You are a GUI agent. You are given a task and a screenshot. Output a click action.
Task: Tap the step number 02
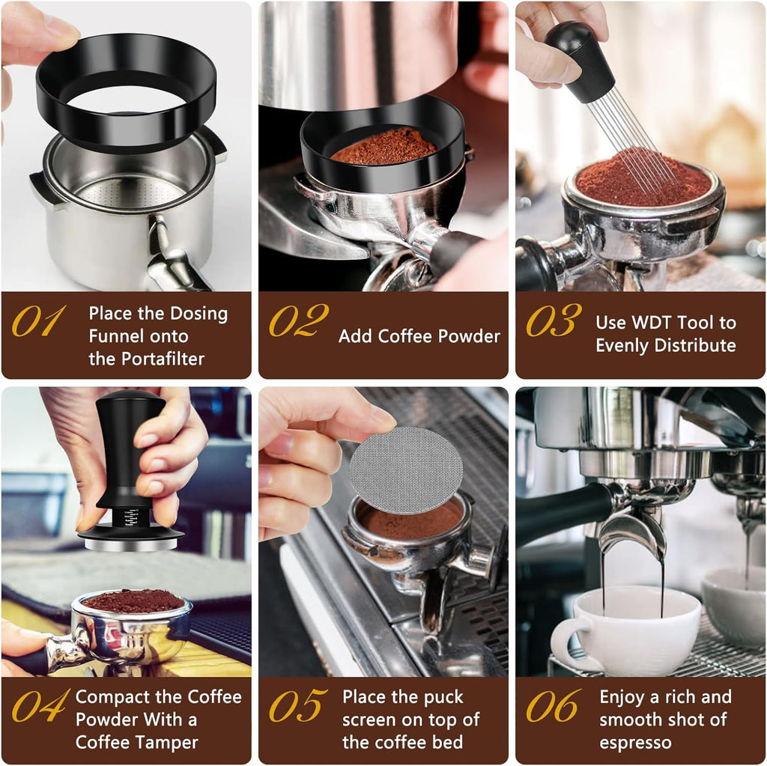298,320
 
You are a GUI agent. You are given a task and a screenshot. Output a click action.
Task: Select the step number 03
554,320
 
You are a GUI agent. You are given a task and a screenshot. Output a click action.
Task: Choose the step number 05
298,706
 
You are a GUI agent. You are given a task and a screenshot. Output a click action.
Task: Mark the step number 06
554,706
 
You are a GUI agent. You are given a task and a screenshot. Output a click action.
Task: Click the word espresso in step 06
635,743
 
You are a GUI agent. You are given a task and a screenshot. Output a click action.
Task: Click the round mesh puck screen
405,470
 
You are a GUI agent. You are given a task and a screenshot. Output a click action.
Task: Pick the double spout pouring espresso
632,532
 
